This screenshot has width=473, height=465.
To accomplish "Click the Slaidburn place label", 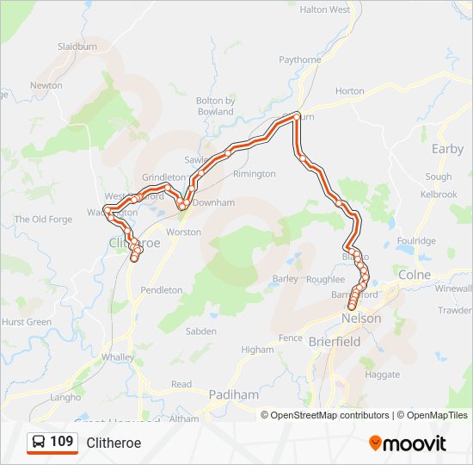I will (x=77, y=46).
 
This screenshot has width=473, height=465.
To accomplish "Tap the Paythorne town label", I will (x=300, y=59).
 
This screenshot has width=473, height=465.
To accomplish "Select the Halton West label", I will (x=324, y=9).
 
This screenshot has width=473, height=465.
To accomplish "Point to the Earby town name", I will (x=447, y=148).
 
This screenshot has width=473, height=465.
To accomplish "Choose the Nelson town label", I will (x=360, y=318).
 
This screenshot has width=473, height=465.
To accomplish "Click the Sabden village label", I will (x=201, y=331).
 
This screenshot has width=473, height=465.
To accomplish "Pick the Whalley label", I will (x=117, y=356).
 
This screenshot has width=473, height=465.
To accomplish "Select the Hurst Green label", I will (x=27, y=322).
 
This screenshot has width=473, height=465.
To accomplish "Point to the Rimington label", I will (x=254, y=173).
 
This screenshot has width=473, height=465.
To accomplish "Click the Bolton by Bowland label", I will (x=215, y=106).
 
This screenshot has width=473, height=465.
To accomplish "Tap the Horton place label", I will (x=349, y=90).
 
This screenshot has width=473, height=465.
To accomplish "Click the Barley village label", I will (x=285, y=278).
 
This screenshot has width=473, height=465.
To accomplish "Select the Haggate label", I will (x=383, y=375).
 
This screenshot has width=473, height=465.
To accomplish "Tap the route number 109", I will (x=61, y=442).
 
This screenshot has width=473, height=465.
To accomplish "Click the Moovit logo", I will (x=408, y=443).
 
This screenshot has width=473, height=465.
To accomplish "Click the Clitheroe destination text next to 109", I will (x=114, y=443).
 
